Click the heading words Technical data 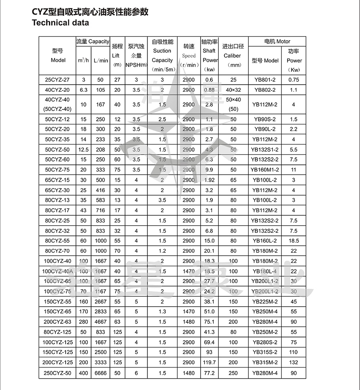60,23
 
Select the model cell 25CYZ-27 58,80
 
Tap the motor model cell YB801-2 265,80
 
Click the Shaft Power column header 209,55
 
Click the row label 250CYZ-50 58,373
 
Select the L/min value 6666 100,373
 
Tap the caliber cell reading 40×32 233,90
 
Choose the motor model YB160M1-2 265,170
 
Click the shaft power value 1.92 209,180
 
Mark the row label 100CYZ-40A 58,271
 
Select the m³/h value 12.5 83,150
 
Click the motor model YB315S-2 265,352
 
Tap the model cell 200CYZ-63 58,322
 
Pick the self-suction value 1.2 162,251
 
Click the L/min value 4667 100,322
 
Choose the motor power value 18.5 294,241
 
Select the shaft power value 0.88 209,90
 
